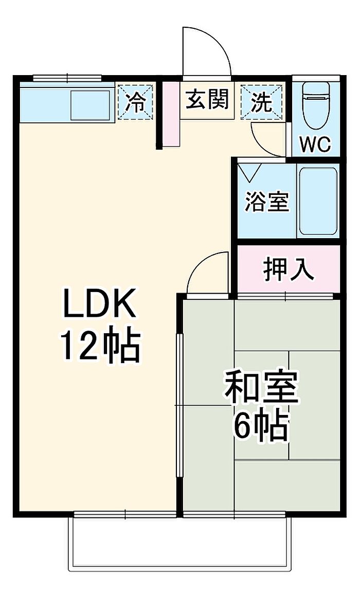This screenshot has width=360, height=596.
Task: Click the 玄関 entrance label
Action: point(208,100)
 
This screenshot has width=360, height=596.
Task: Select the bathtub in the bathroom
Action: point(318,201)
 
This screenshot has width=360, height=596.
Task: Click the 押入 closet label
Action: point(289,269)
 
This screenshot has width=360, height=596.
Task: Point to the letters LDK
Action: point(100,303)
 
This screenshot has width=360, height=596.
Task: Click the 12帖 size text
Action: point(101,345)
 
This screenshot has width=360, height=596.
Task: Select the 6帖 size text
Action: point(260,426)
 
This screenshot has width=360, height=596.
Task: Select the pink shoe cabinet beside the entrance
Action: point(171,114)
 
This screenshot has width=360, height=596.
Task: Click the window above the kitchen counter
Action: point(67,78)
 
